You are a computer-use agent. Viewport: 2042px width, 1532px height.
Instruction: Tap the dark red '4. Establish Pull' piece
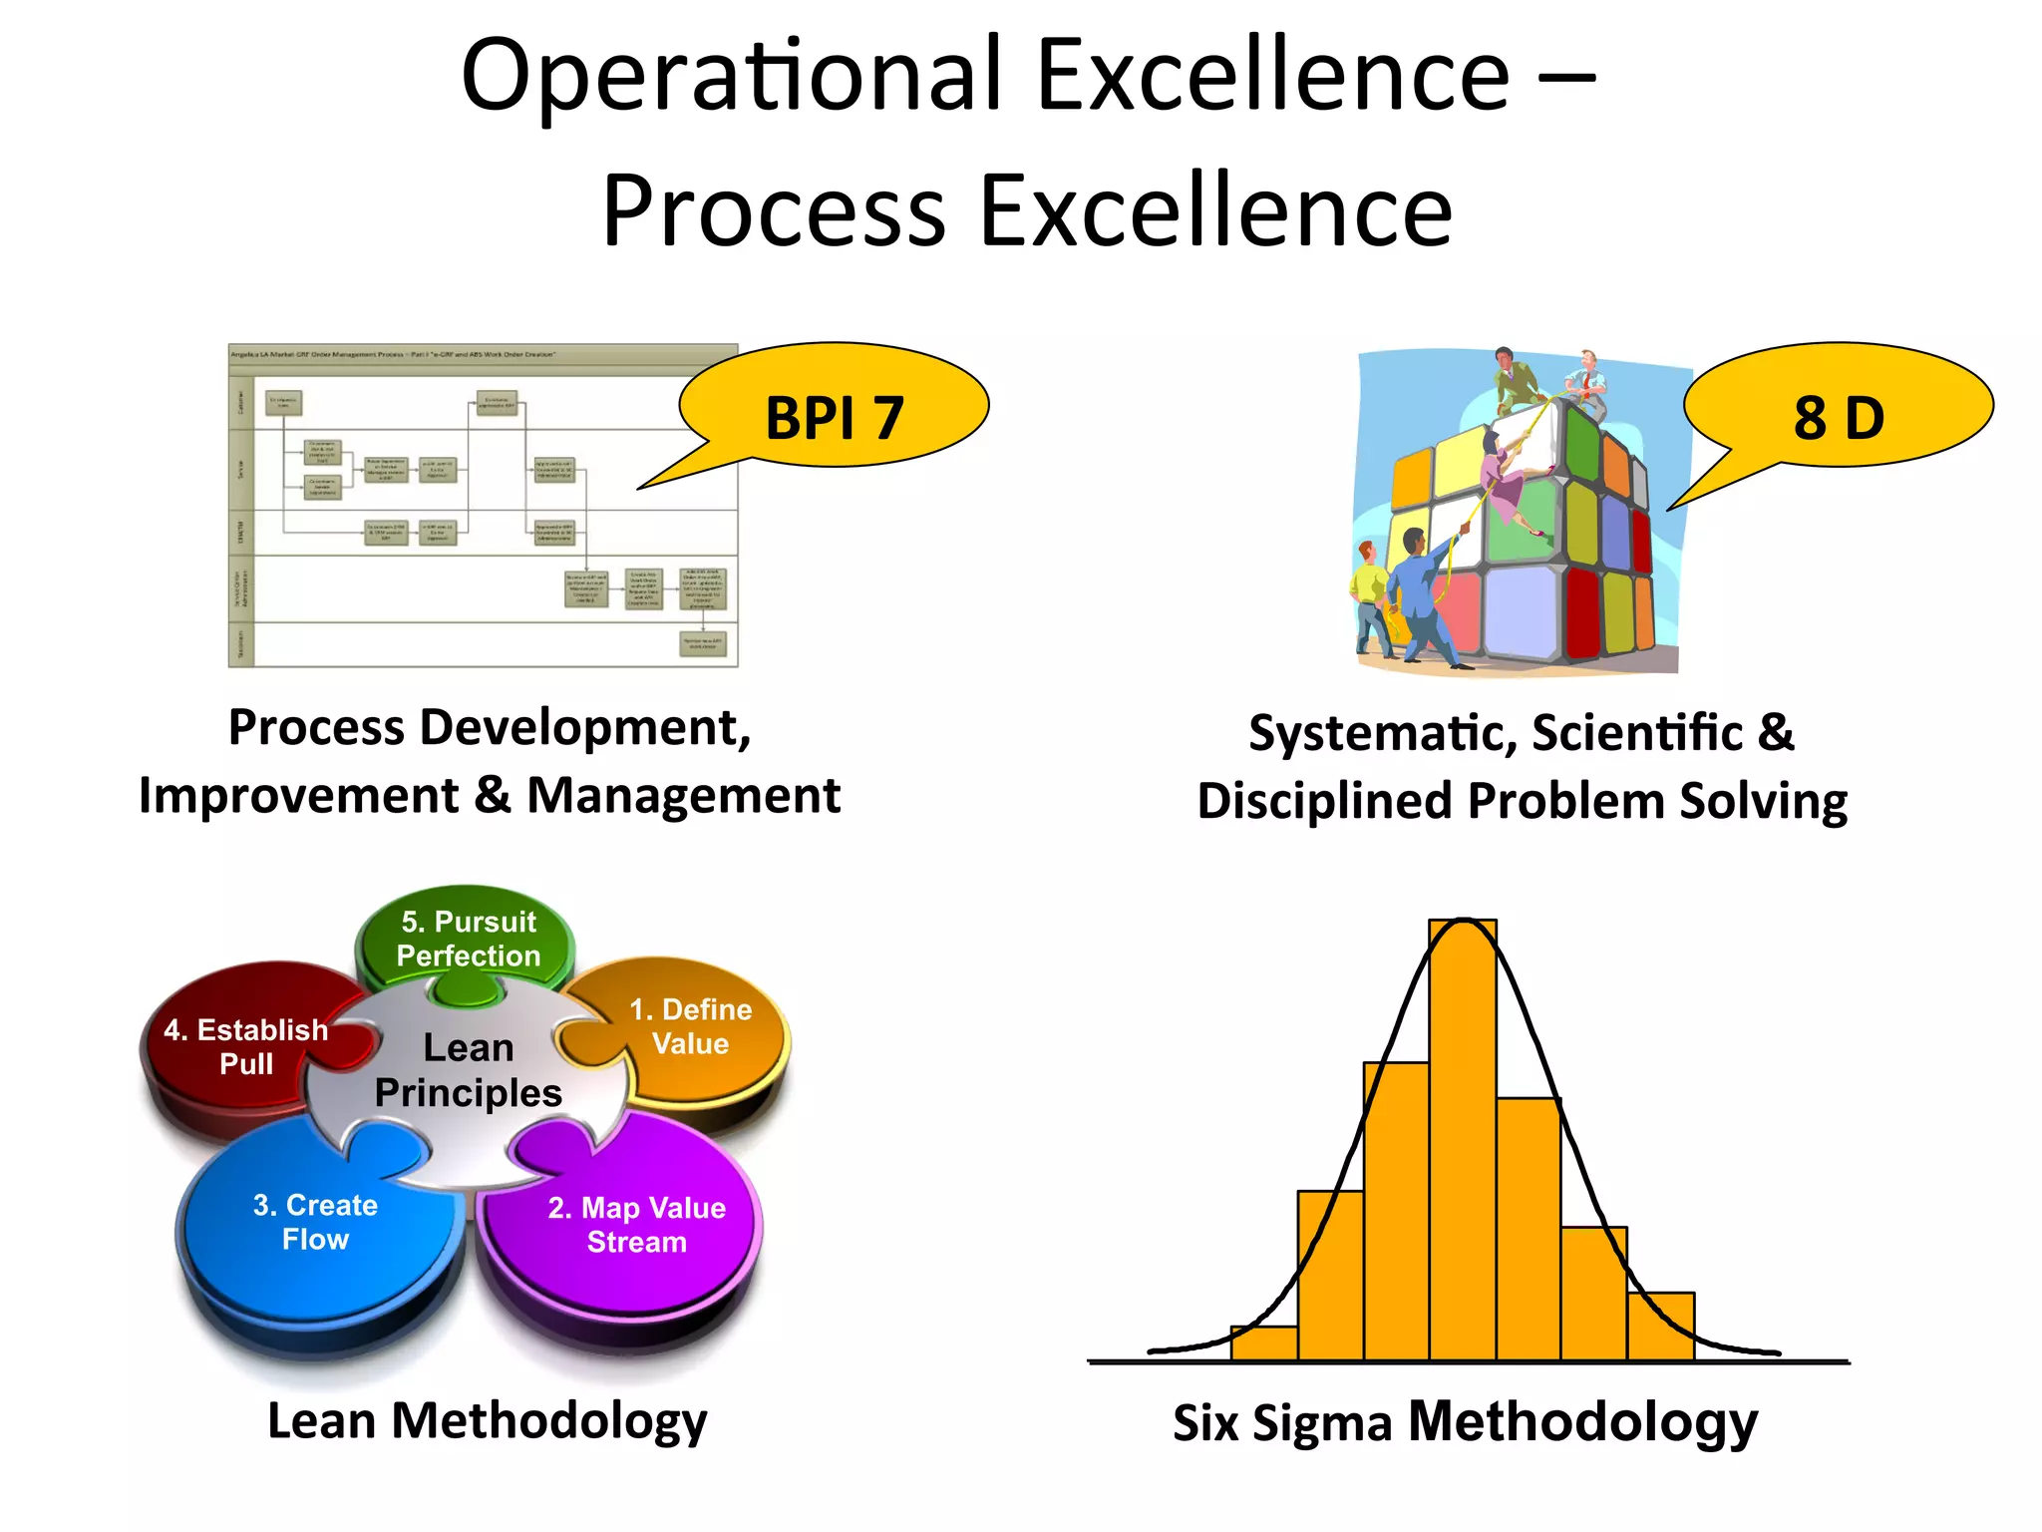[245, 1046]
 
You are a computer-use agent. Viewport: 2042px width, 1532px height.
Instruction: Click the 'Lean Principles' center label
[468, 1070]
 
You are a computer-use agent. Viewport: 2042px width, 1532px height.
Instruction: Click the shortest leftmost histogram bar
[1263, 1342]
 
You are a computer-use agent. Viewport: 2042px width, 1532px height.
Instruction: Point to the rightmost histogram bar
[1660, 1327]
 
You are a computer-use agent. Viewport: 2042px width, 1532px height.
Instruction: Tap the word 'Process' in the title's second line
[774, 211]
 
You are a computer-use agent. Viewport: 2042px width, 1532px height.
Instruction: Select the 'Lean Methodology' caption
[488, 1420]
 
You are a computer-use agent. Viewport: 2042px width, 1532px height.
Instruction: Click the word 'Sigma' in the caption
[1322, 1423]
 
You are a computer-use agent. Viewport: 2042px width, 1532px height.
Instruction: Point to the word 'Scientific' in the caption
[1637, 733]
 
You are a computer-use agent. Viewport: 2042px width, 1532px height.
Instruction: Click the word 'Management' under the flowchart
[683, 796]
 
